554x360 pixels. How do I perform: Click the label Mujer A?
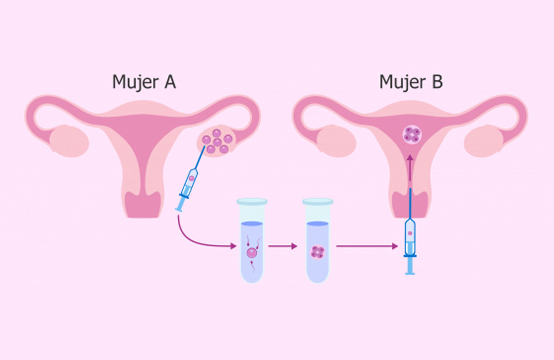pyautogui.click(x=144, y=82)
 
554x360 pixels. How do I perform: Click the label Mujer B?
pyautogui.click(x=411, y=82)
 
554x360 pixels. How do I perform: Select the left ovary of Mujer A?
pyautogui.click(x=69, y=141)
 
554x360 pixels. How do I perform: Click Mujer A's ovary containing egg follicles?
pyautogui.click(x=217, y=141)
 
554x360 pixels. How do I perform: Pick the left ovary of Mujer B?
pyautogui.click(x=336, y=141)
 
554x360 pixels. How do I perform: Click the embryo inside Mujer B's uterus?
pyautogui.click(x=412, y=135)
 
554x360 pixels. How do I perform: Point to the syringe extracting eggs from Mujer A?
pyautogui.click(x=190, y=179)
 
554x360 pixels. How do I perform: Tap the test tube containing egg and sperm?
pyautogui.click(x=252, y=240)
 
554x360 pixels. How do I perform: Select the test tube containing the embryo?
pyautogui.click(x=317, y=240)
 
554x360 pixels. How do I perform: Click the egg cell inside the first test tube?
pyautogui.click(x=252, y=253)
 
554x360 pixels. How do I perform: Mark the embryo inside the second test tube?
pyautogui.click(x=317, y=252)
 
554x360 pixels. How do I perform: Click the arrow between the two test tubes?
pyautogui.click(x=283, y=246)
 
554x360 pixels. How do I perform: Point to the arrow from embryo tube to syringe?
pyautogui.click(x=367, y=246)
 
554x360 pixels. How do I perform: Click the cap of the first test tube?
pyautogui.click(x=252, y=202)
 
